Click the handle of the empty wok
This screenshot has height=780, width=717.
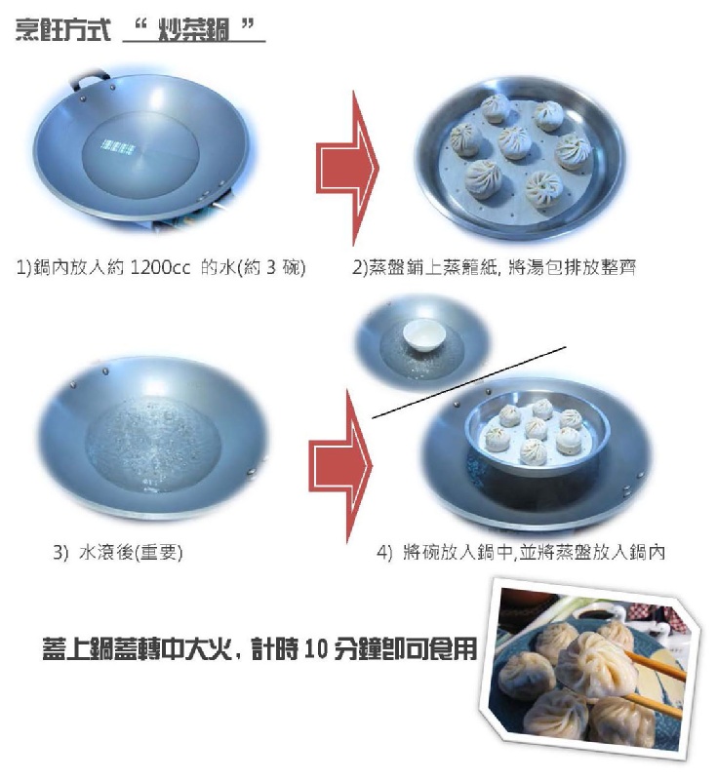(x=91, y=80)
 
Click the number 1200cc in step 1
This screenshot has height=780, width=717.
(x=160, y=267)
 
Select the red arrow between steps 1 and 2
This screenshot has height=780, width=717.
(x=347, y=168)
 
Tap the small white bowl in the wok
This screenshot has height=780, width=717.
(x=424, y=335)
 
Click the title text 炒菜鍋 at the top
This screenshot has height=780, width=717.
(x=193, y=30)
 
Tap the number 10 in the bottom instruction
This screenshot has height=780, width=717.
(x=314, y=649)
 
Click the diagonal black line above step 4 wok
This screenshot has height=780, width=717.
(x=468, y=382)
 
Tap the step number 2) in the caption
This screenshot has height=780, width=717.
(x=359, y=267)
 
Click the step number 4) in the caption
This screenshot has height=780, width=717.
(x=384, y=553)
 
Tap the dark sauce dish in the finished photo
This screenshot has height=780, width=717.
(x=596, y=614)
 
